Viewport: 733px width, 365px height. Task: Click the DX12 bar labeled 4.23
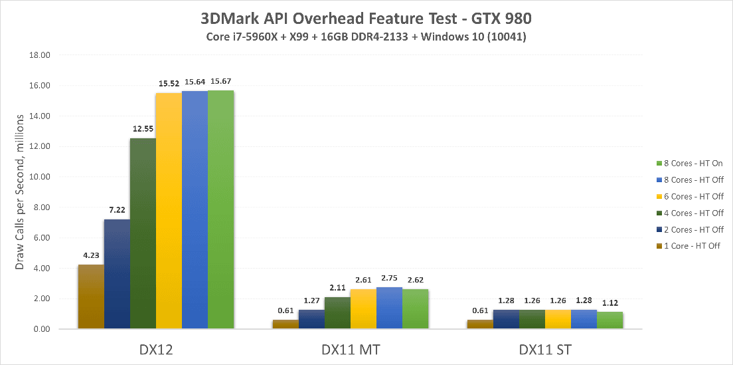[90, 297]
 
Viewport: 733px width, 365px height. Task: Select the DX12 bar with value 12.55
[143, 233]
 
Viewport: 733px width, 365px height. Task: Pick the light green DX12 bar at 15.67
[220, 209]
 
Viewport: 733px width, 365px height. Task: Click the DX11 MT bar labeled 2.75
[390, 308]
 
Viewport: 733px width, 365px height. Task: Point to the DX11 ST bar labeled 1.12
[610, 320]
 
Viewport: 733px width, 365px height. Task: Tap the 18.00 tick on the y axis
[41, 55]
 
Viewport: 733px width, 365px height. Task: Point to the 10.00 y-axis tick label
[41, 177]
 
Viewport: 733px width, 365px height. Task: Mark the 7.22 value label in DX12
[116, 210]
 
